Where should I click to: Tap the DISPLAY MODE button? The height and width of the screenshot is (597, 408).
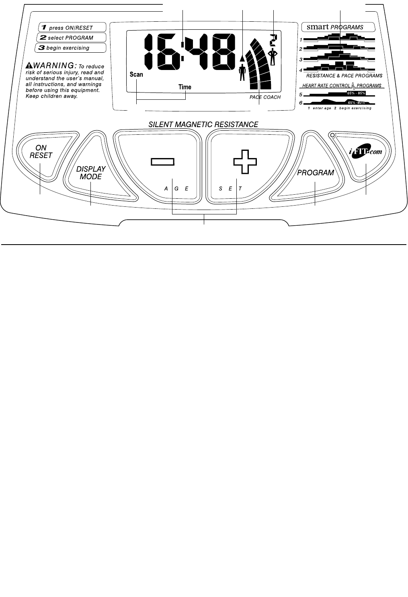[x=91, y=173]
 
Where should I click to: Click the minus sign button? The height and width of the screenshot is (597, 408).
[x=162, y=162]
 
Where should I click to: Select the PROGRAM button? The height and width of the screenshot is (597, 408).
[x=316, y=173]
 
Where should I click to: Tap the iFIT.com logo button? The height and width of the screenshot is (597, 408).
[x=365, y=152]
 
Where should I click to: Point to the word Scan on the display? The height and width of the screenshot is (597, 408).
[x=136, y=74]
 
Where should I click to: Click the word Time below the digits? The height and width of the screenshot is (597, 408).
[x=185, y=87]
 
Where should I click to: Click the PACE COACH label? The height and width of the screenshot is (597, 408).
[x=265, y=97]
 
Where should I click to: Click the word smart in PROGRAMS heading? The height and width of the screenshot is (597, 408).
[x=318, y=27]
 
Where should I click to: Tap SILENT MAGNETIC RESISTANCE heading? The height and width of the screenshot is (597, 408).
[x=203, y=125]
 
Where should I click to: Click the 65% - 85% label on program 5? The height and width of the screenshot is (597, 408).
[x=356, y=93]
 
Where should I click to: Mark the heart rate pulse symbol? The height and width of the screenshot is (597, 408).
[x=353, y=85]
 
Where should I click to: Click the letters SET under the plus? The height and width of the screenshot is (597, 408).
[x=230, y=188]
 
